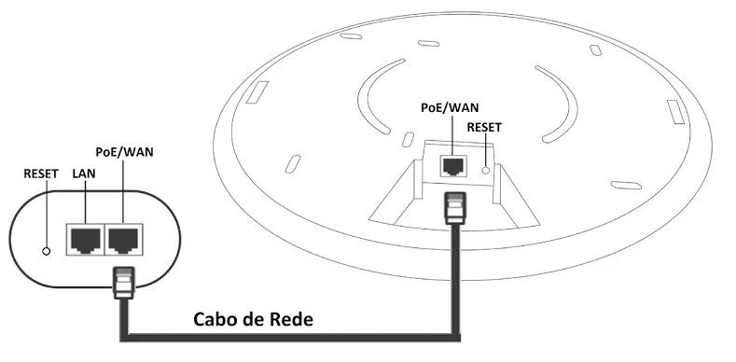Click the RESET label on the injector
tap(41, 174)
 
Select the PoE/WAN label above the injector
tap(124, 151)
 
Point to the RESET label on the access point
tap(484, 127)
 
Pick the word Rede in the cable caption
tap(292, 319)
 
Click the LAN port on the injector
tap(85, 239)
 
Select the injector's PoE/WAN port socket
tap(124, 239)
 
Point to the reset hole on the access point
tap(485, 171)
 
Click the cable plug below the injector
tap(123, 283)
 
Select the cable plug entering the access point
tap(455, 206)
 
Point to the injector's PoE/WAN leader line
tap(123, 191)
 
